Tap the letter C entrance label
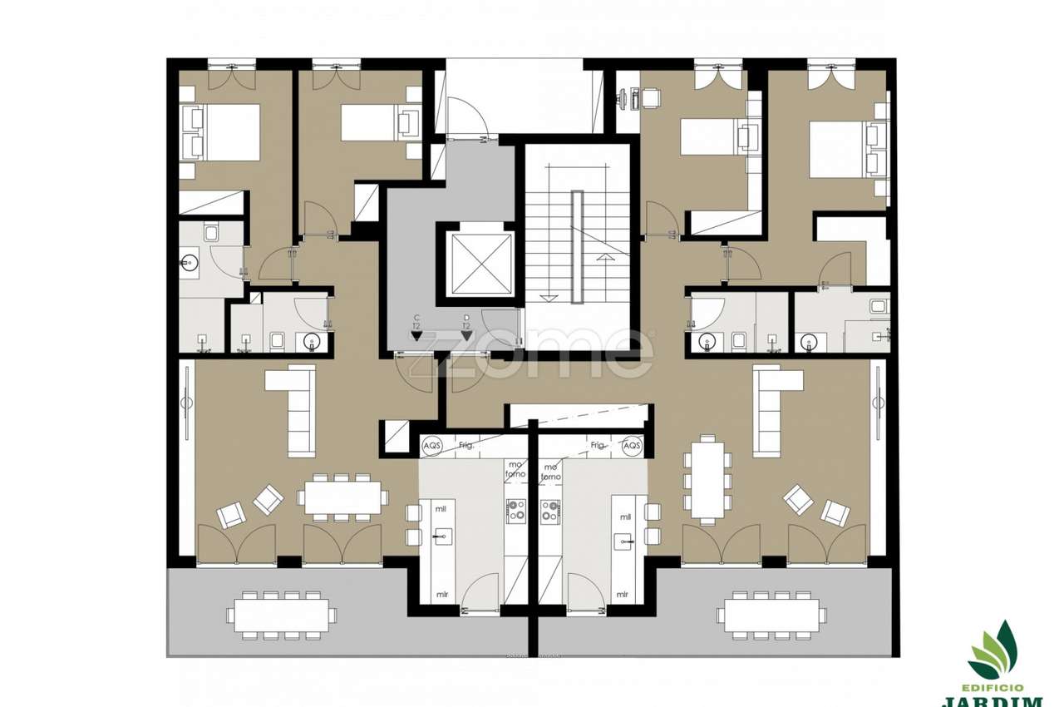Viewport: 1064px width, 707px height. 416,318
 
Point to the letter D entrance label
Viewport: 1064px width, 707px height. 466,318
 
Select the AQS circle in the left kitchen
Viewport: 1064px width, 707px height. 432,445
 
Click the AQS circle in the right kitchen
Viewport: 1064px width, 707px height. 632,445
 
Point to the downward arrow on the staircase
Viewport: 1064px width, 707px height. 547,297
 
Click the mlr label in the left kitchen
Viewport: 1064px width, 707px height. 443,595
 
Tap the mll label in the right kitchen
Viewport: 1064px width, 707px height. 625,517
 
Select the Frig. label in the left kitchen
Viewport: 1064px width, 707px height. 466,446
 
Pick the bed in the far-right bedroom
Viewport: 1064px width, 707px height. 841,150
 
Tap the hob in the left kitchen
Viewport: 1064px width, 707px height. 516,509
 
